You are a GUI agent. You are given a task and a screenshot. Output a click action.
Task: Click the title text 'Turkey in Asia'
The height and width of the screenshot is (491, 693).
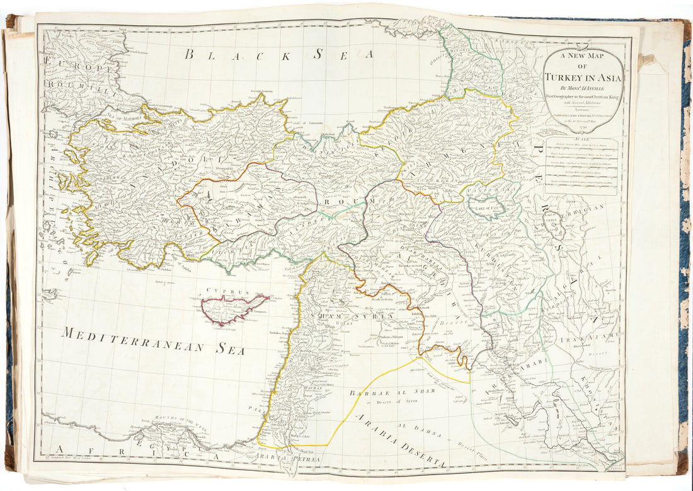pyautogui.click(x=583, y=78)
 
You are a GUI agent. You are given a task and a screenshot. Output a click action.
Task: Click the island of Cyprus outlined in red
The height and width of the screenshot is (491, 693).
pyautogui.click(x=230, y=308)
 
